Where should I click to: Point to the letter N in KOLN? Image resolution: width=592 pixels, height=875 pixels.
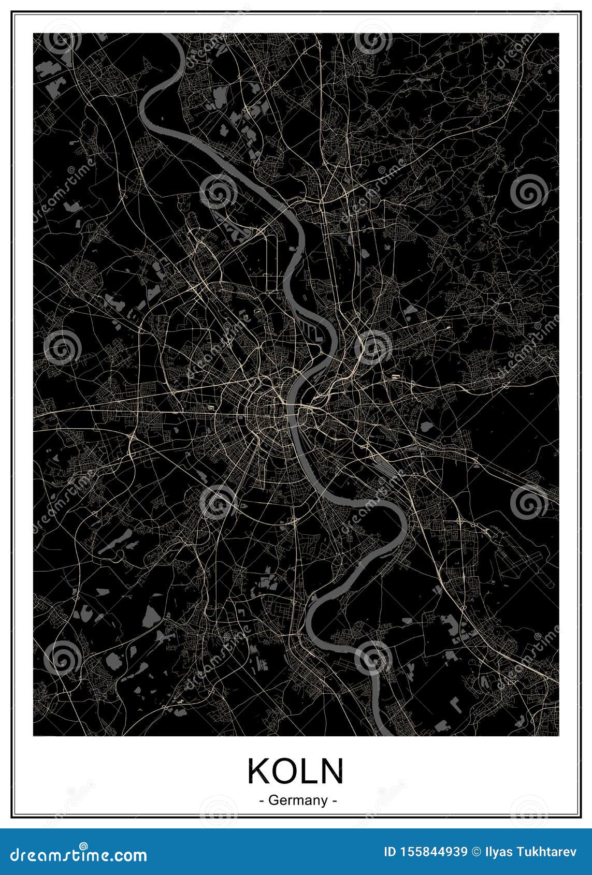pos(331,771)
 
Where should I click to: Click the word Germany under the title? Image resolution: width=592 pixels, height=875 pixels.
pos(297,800)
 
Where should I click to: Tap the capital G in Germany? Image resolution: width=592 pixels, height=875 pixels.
pos(272,800)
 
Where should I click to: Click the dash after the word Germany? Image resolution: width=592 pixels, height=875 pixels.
pos(335,801)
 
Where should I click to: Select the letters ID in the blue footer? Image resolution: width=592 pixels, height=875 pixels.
pos(389,852)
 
